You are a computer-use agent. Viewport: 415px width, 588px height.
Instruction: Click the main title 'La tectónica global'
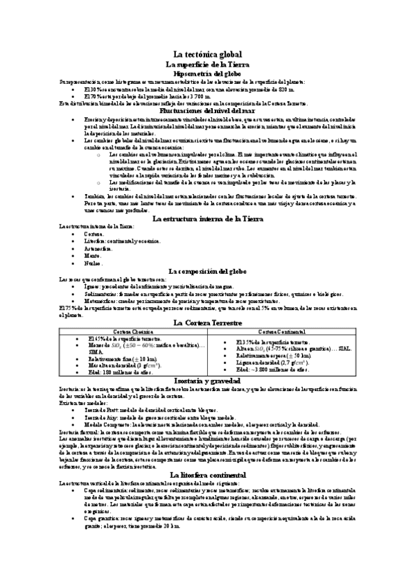coord(207,54)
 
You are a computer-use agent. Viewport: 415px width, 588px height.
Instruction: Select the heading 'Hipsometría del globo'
coord(207,73)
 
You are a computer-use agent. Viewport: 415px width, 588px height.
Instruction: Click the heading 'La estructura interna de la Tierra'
coord(207,218)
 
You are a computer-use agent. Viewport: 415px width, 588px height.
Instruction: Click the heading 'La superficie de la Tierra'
coord(207,64)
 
